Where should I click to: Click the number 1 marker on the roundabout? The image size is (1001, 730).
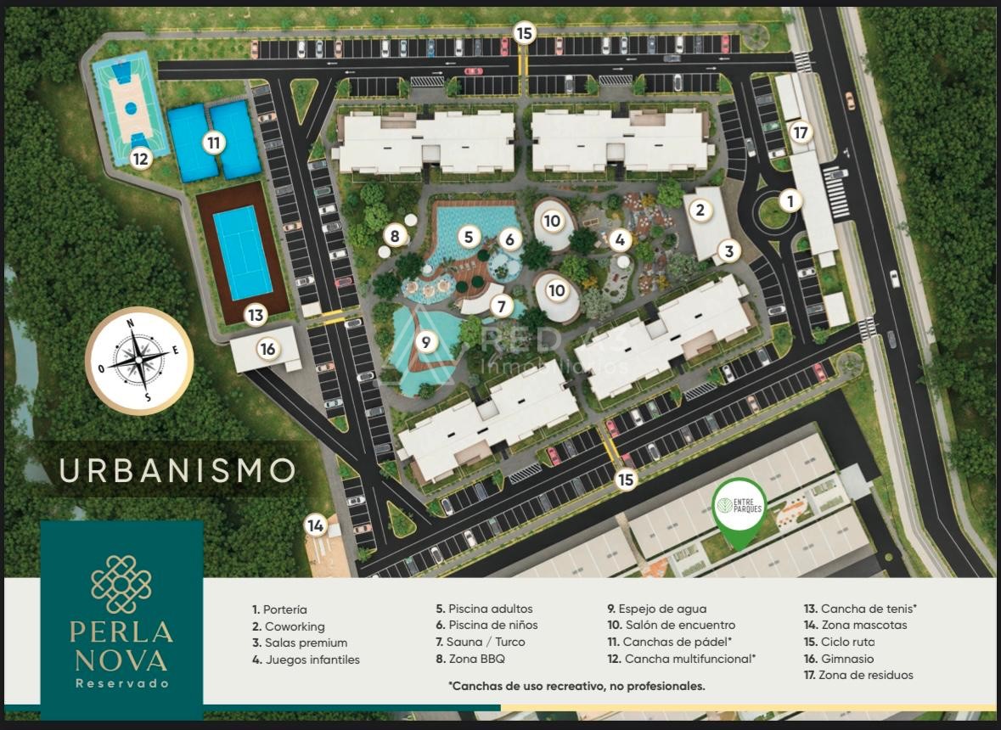pos(790,201)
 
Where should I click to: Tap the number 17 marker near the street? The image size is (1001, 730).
pos(800,132)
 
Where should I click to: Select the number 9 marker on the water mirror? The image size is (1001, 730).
pos(425,342)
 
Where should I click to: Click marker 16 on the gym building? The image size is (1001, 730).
pos(267,349)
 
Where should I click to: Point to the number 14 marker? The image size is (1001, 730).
pos(316,525)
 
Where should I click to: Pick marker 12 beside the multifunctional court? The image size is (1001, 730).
pos(141,158)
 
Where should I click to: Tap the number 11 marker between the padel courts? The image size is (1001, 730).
pos(212,143)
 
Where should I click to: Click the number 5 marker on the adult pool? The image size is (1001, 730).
pos(469,238)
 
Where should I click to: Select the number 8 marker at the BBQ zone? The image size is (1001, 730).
pos(394,235)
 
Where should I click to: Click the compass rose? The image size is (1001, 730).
pos(139,361)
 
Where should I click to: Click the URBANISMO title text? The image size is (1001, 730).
pos(178,469)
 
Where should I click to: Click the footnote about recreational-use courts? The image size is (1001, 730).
pos(576,685)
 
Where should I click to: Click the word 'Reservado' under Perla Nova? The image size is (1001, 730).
pos(121,683)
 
